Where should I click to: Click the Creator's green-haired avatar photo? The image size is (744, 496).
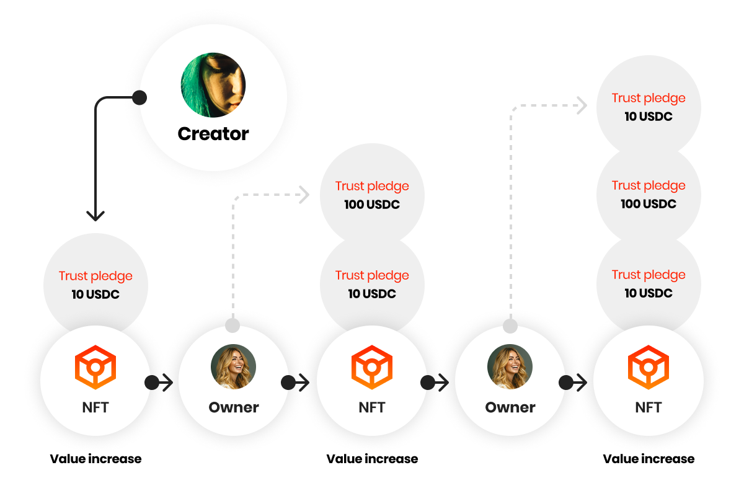[213, 85]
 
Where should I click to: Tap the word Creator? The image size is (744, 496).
[213, 134]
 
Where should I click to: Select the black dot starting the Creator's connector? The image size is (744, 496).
[139, 98]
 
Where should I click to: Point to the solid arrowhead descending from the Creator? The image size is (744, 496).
[95, 216]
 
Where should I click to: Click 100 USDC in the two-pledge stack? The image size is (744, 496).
[372, 205]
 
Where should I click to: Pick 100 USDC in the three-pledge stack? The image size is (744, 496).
[649, 204]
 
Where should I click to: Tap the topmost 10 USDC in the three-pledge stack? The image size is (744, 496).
[649, 117]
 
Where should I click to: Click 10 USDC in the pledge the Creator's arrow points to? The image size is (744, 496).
[95, 294]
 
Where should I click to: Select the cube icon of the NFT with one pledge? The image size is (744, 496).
[95, 367]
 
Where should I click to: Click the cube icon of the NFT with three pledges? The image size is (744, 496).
[649, 367]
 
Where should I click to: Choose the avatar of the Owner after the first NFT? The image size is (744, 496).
[234, 366]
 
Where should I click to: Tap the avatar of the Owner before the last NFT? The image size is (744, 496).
[510, 366]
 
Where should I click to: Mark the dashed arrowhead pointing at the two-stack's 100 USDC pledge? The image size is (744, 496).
[304, 195]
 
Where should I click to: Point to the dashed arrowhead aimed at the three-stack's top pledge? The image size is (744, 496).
[582, 105]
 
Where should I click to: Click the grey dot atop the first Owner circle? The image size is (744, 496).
[232, 325]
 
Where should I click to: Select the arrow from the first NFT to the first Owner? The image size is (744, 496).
[159, 383]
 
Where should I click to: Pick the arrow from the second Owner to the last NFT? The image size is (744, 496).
[573, 383]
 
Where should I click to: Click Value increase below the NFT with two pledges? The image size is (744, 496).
[372, 459]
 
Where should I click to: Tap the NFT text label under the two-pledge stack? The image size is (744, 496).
[372, 407]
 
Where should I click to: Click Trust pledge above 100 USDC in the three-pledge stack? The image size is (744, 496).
[649, 186]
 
